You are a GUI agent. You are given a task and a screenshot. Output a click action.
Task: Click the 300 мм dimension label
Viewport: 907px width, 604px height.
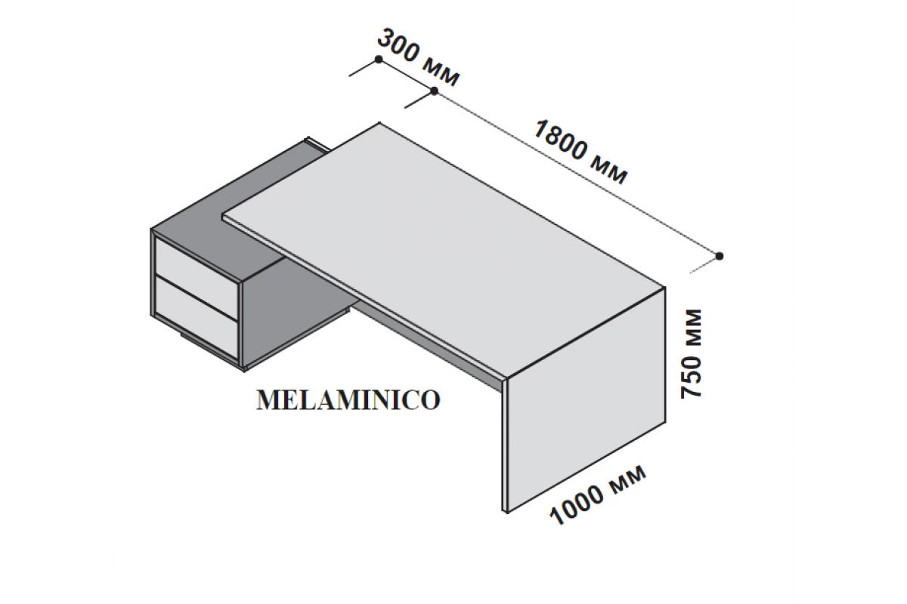click(x=419, y=57)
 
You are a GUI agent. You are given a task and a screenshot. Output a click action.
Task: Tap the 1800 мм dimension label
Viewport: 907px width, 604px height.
click(x=580, y=152)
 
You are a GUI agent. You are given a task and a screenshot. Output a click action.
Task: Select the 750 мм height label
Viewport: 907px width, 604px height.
click(x=691, y=354)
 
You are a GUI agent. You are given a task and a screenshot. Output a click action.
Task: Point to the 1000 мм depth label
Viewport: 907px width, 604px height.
click(x=598, y=495)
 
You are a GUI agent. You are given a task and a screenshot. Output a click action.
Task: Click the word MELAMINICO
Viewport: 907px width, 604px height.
click(x=348, y=400)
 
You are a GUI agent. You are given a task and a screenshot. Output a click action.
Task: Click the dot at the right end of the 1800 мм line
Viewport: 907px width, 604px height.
click(x=719, y=256)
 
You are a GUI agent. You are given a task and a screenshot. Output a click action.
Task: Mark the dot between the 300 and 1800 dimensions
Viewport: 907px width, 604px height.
click(x=434, y=91)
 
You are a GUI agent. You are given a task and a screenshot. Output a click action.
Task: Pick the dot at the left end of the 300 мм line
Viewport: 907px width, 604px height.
click(x=379, y=60)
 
